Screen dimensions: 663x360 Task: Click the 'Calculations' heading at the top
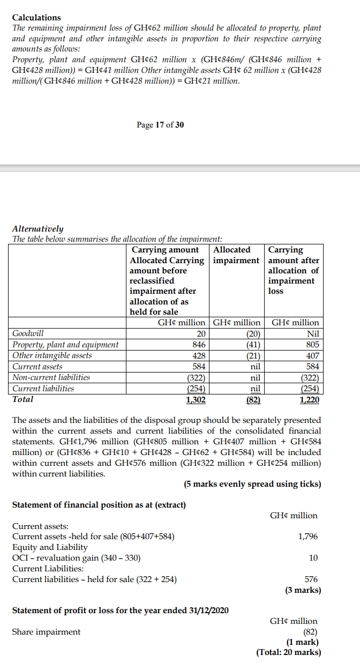click(x=36, y=17)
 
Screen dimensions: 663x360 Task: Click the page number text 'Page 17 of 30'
click(x=160, y=125)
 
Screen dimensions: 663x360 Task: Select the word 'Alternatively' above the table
click(x=37, y=228)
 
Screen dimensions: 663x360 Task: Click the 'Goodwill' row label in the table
click(x=28, y=333)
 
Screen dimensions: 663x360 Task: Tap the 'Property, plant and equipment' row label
click(x=65, y=345)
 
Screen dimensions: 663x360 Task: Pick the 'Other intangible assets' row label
click(x=52, y=355)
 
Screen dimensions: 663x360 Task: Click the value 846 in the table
click(x=199, y=345)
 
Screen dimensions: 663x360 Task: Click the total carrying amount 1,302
click(x=196, y=399)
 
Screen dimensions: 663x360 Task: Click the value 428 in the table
click(x=199, y=355)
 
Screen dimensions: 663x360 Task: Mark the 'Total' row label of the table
click(x=22, y=399)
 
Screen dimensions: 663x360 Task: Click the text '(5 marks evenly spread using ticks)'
click(x=252, y=484)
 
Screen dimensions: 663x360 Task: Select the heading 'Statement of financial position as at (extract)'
click(x=99, y=505)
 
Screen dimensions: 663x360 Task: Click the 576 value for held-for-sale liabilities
click(x=311, y=579)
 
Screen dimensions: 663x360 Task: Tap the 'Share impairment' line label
click(x=46, y=631)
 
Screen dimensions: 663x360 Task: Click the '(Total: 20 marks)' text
click(x=289, y=652)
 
